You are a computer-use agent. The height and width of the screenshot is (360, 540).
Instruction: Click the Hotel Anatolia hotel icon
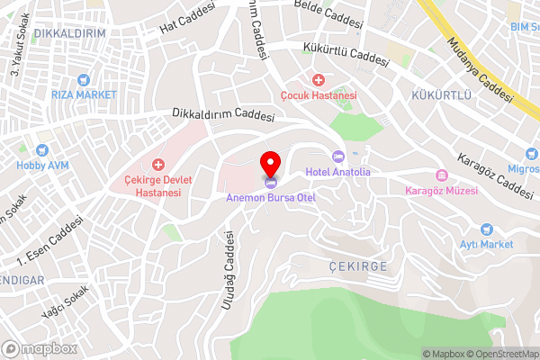tap(338, 157)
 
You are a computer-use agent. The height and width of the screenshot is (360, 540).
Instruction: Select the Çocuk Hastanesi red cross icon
tap(318, 81)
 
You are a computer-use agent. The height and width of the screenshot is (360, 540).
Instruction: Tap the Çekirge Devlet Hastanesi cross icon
tap(159, 164)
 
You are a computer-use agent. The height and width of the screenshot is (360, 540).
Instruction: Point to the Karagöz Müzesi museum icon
tap(441, 175)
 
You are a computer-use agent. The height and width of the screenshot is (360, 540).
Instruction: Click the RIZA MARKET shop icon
tap(84, 79)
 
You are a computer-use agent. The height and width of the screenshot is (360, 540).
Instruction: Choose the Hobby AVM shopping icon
tap(41, 150)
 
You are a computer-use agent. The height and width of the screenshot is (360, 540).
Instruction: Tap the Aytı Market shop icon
tap(488, 229)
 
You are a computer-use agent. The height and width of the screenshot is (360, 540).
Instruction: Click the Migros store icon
tap(533, 168)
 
